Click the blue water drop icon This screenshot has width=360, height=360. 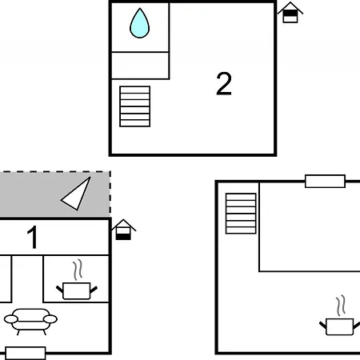click(x=139, y=23)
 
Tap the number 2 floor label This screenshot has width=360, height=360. click(x=224, y=83)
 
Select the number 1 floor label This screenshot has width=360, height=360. click(x=32, y=237)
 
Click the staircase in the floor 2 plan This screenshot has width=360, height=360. click(x=135, y=106)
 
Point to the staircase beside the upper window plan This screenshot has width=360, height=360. click(x=241, y=214)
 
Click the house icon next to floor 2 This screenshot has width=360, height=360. click(x=290, y=12)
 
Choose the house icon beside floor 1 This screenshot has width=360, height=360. click(x=123, y=230)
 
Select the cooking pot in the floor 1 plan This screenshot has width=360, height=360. click(x=77, y=290)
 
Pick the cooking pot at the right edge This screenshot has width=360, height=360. click(x=340, y=326)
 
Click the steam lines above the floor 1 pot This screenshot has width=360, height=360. click(x=78, y=270)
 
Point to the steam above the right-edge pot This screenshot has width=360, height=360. click(x=341, y=306)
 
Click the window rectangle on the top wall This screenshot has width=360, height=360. click(x=325, y=182)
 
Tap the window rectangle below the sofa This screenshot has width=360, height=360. click(x=26, y=353)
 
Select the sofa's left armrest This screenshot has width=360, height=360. click(x=11, y=319)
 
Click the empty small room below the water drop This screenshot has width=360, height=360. click(x=140, y=66)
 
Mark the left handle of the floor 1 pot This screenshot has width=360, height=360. click(x=59, y=289)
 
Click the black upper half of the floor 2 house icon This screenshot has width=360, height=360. click(x=290, y=13)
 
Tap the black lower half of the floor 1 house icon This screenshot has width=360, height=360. click(x=123, y=237)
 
